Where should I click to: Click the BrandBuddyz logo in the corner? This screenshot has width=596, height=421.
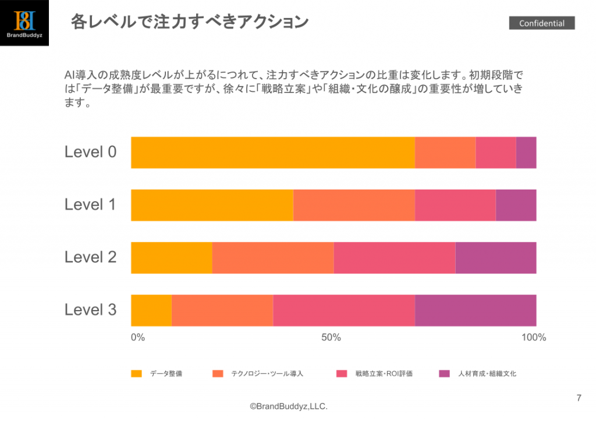click(25, 23)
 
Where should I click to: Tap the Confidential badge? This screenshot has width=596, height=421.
click(542, 23)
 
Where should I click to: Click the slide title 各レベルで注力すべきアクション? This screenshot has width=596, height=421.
click(189, 22)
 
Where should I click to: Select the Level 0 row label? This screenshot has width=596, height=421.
click(91, 152)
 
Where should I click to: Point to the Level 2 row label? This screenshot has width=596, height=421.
click(91, 257)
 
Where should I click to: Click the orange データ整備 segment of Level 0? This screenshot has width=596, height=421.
click(272, 152)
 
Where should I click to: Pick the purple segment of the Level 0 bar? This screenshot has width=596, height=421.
click(526, 152)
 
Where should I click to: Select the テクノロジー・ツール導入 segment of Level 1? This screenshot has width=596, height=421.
click(354, 205)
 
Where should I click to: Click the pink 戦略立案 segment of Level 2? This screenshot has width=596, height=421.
click(394, 257)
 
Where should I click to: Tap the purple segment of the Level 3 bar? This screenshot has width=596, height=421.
click(476, 310)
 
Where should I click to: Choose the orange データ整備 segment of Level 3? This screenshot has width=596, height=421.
click(151, 310)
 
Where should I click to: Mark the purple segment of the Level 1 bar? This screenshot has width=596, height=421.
click(516, 205)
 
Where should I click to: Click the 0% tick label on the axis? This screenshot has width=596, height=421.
click(137, 338)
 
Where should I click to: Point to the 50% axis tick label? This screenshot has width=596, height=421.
click(331, 338)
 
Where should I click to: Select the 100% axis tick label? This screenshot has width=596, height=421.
click(534, 338)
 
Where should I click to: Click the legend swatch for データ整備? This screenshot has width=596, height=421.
click(136, 373)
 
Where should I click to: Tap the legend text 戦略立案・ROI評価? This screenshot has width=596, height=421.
click(384, 373)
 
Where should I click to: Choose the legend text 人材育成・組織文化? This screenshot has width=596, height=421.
click(487, 373)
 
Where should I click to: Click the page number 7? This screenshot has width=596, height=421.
click(579, 398)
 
